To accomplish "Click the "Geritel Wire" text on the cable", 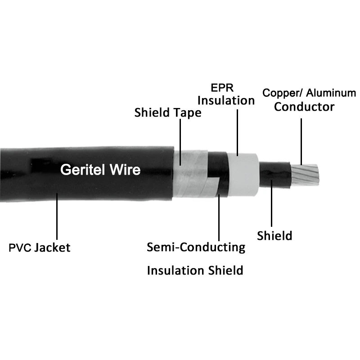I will click(x=100, y=170).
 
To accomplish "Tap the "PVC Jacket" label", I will click(x=40, y=247).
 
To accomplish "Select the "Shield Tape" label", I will click(x=168, y=112).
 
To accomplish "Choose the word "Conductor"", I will click(x=305, y=107).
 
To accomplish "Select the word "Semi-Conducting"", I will click(x=196, y=247).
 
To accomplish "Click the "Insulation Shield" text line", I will click(x=195, y=270).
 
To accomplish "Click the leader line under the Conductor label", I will click(x=301, y=139).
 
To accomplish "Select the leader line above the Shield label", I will click(x=272, y=205).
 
